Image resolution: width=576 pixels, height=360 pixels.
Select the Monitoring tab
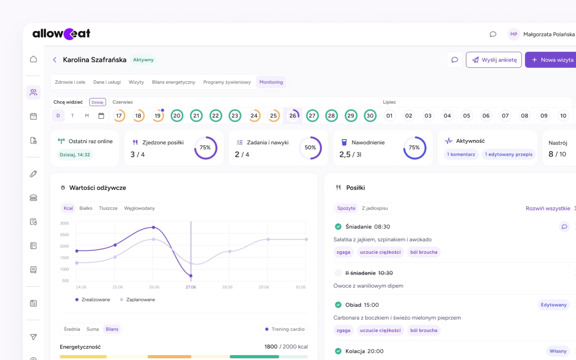[x=271, y=82]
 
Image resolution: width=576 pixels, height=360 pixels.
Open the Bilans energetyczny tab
[x=173, y=82]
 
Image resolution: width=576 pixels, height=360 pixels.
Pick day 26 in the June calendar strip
[x=293, y=116]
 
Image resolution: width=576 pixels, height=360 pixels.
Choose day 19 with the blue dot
[x=158, y=116]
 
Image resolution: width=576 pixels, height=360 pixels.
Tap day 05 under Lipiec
[x=466, y=116]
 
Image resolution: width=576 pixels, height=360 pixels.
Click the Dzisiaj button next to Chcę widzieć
[x=97, y=102]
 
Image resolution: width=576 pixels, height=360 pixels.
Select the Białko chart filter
[x=86, y=208]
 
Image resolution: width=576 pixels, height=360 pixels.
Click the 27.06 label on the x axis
[x=191, y=287]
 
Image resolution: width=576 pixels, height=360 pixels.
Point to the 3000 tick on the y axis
[x=64, y=223]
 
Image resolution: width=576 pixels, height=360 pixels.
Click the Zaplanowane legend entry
[x=138, y=300]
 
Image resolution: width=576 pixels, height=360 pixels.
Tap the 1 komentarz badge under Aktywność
[x=461, y=154]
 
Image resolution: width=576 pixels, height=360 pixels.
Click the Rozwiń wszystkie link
[x=548, y=208]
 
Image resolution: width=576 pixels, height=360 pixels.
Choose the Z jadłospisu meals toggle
[x=375, y=208]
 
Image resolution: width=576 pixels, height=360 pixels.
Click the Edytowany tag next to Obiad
[x=553, y=305]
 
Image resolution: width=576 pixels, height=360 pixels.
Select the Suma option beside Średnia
[x=92, y=329]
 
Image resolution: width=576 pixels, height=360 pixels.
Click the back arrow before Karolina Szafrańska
[x=55, y=60]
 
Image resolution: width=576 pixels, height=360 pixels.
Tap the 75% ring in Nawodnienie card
[x=414, y=148]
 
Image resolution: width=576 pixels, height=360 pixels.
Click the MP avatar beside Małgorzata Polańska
[x=514, y=34]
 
